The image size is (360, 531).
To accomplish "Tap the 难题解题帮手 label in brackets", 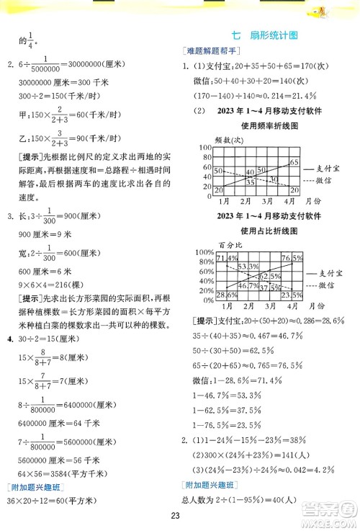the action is (214, 51).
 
